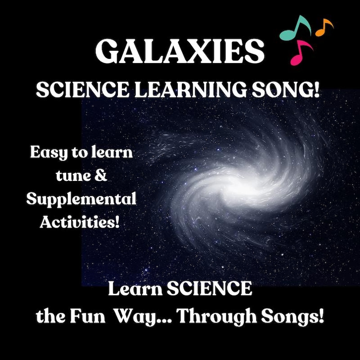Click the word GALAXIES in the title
(x=180, y=51)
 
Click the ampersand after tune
(x=102, y=176)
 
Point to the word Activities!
(x=82, y=222)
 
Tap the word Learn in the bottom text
(x=134, y=289)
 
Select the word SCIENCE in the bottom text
(x=209, y=289)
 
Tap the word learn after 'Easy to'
(x=112, y=153)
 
